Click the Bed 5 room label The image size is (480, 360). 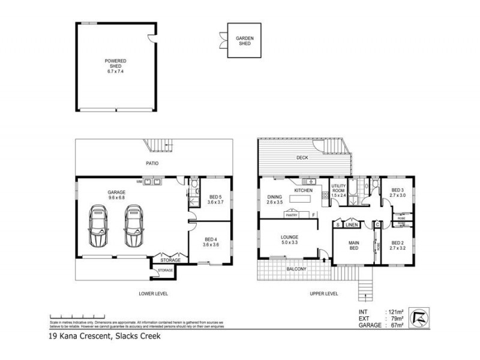point(215,200)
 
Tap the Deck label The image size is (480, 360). point(302,158)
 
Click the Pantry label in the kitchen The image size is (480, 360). point(292,214)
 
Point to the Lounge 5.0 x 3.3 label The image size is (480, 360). point(290,239)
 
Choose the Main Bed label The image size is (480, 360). point(355,246)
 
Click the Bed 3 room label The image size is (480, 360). point(398,193)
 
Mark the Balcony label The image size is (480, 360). point(296,269)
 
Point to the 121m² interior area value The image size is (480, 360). point(394,311)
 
